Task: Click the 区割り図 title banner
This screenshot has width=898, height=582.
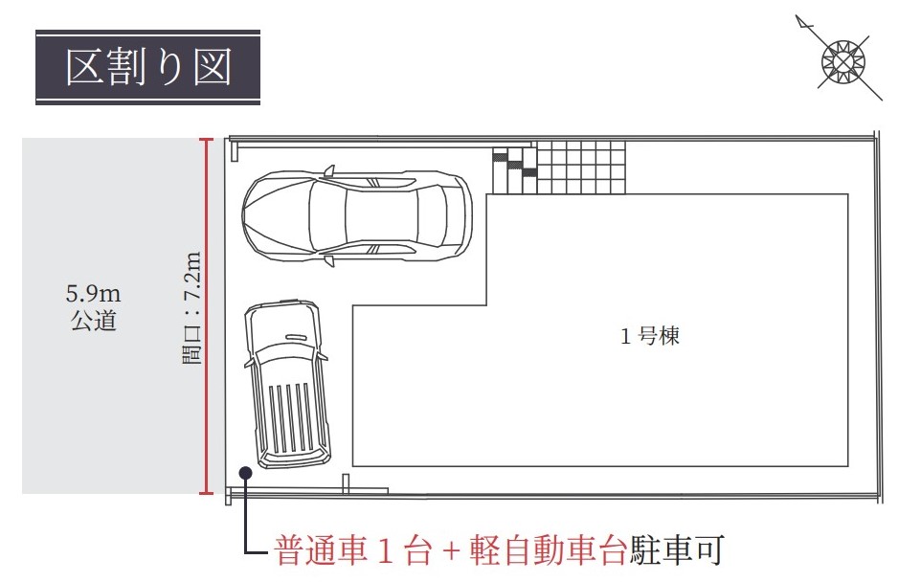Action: coord(147,67)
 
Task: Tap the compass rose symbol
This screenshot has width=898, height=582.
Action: coord(842,61)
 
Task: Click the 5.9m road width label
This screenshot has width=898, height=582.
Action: coord(94,294)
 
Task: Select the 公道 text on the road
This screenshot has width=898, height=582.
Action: coord(94,321)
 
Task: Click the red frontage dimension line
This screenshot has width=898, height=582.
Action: coord(207,316)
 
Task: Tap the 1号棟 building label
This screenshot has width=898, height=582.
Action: coord(650,336)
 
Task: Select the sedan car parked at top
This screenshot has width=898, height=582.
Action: coord(357,216)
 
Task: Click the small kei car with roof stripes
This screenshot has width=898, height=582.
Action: coord(287,383)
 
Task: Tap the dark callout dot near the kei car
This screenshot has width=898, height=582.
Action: coord(246,473)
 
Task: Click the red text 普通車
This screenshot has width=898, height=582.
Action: coord(321,550)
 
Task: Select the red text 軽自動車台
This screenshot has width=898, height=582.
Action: coord(548,550)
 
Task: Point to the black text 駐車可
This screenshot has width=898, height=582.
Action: coord(676,550)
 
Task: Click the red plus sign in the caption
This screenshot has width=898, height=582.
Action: coord(451,551)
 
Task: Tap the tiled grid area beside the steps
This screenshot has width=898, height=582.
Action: coord(581,168)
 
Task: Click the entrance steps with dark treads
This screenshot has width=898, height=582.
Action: coord(514,170)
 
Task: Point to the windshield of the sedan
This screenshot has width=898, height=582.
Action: coord(327,216)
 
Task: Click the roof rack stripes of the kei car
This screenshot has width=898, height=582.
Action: coord(290,417)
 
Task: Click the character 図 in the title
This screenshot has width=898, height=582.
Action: coord(212,67)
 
